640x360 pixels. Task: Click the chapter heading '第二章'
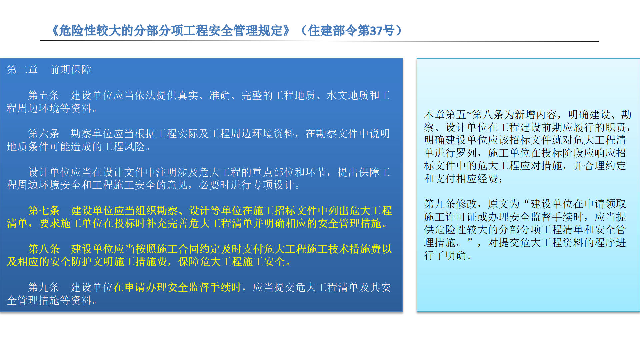pyautogui.click(x=22, y=70)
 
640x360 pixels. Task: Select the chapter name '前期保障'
pyautogui.click(x=71, y=70)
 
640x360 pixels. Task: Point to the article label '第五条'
pyautogui.click(x=44, y=95)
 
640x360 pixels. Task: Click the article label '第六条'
pyautogui.click(x=44, y=134)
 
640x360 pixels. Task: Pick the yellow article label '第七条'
pyautogui.click(x=44, y=211)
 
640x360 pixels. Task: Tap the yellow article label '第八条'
pyautogui.click(x=44, y=249)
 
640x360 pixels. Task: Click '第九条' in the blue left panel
pyautogui.click(x=44, y=287)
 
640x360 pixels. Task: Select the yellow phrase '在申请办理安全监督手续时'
pyautogui.click(x=177, y=287)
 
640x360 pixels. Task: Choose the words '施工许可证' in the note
pyautogui.click(x=451, y=217)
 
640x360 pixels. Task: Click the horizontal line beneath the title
pyautogui.click(x=319, y=41)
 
